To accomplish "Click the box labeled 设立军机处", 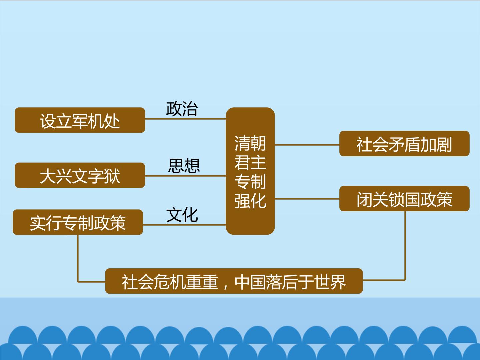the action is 80,120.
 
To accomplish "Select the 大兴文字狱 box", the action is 80,175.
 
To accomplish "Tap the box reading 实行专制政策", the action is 78,222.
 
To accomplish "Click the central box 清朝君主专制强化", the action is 250,171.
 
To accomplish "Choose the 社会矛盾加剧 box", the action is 404,143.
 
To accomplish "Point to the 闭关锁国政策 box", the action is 404,198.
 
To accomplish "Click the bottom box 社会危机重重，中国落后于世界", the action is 234,281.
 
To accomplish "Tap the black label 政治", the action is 182,109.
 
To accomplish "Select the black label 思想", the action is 184,165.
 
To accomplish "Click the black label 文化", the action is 182,215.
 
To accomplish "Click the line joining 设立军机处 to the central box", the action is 185,119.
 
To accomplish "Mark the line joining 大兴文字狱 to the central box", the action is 185,176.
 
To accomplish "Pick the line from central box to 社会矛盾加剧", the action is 307,145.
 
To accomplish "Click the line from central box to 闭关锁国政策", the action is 307,199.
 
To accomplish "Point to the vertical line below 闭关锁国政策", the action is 405,246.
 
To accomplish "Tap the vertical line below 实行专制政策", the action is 78,258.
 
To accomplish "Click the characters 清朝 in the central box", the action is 250,143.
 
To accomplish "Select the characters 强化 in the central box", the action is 250,201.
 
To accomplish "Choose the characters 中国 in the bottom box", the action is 250,282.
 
